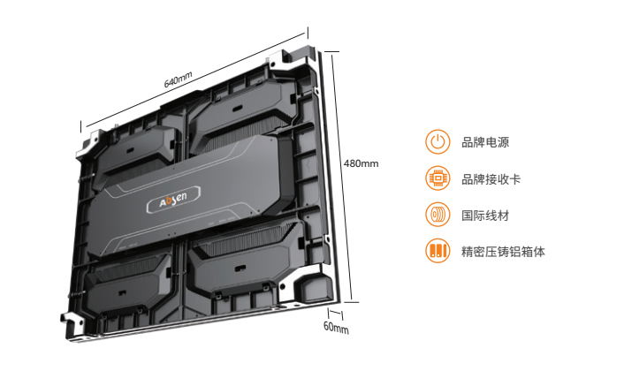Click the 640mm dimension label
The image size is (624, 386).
(178, 79)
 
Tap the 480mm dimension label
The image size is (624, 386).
(361, 163)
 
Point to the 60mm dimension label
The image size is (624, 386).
(336, 327)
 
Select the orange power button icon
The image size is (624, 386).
(438, 142)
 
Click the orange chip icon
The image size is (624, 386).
(438, 178)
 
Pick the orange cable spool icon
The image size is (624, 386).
(438, 215)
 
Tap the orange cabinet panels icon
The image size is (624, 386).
(438, 251)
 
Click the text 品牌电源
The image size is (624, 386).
(485, 142)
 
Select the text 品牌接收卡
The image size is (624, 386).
(491, 179)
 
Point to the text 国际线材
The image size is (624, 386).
(485, 216)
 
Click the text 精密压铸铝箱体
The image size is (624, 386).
(503, 252)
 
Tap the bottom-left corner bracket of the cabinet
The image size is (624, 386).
(73, 325)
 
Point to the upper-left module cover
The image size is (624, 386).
(135, 153)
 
